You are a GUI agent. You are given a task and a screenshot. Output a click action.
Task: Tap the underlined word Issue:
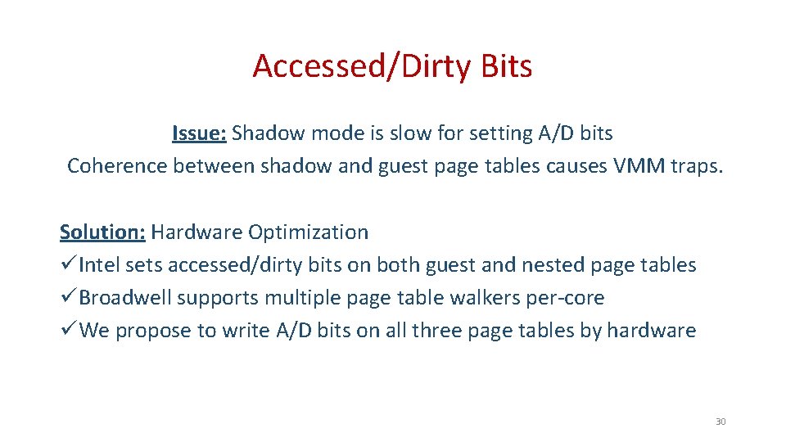tap(200, 133)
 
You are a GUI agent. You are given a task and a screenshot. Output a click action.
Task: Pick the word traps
tap(697, 166)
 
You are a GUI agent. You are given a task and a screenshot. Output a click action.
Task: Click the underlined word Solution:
tap(102, 232)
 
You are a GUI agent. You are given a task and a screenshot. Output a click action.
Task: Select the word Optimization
tap(308, 232)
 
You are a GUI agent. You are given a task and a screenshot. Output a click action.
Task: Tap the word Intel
tap(99, 265)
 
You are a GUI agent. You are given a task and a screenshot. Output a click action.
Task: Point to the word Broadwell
tap(124, 298)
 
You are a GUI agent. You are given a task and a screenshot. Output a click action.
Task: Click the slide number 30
tap(720, 422)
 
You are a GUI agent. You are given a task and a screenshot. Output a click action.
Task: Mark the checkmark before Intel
tap(68, 265)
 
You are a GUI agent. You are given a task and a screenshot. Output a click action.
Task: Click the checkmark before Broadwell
tap(68, 298)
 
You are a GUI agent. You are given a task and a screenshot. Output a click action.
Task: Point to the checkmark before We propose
tap(68, 331)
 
